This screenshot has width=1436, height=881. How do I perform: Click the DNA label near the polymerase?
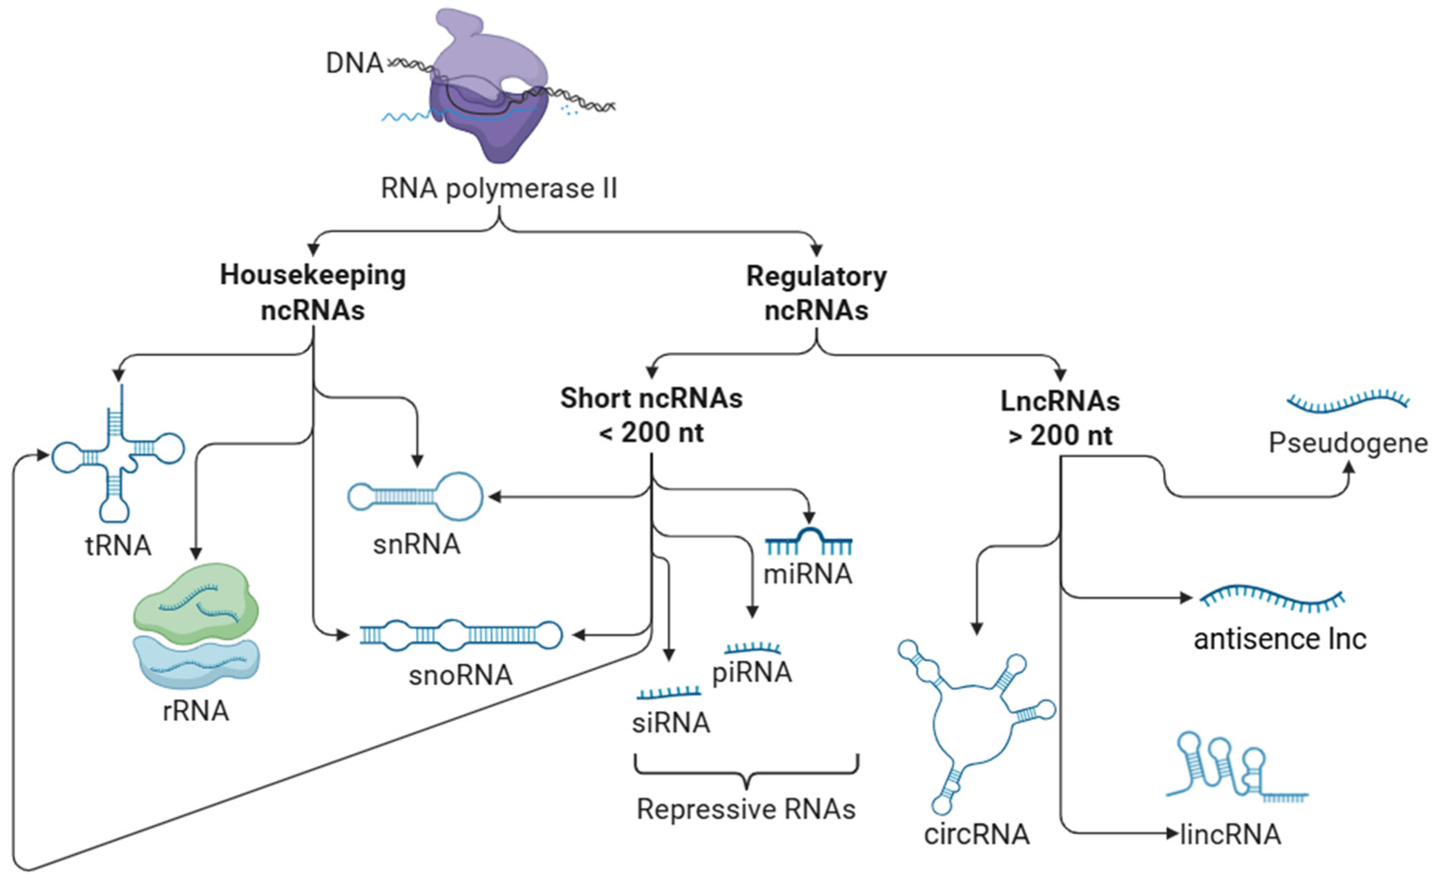(354, 63)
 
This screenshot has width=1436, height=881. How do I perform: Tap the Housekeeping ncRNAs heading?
(313, 293)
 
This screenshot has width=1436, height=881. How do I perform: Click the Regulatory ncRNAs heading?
(817, 293)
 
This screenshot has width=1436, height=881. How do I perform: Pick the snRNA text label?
(417, 545)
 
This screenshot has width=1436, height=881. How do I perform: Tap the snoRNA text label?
(460, 675)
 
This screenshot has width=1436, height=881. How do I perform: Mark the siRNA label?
(671, 723)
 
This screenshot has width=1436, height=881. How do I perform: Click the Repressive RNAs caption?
(746, 809)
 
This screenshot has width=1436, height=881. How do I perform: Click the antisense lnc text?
(1280, 639)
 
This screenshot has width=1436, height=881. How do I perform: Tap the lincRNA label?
(1230, 834)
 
